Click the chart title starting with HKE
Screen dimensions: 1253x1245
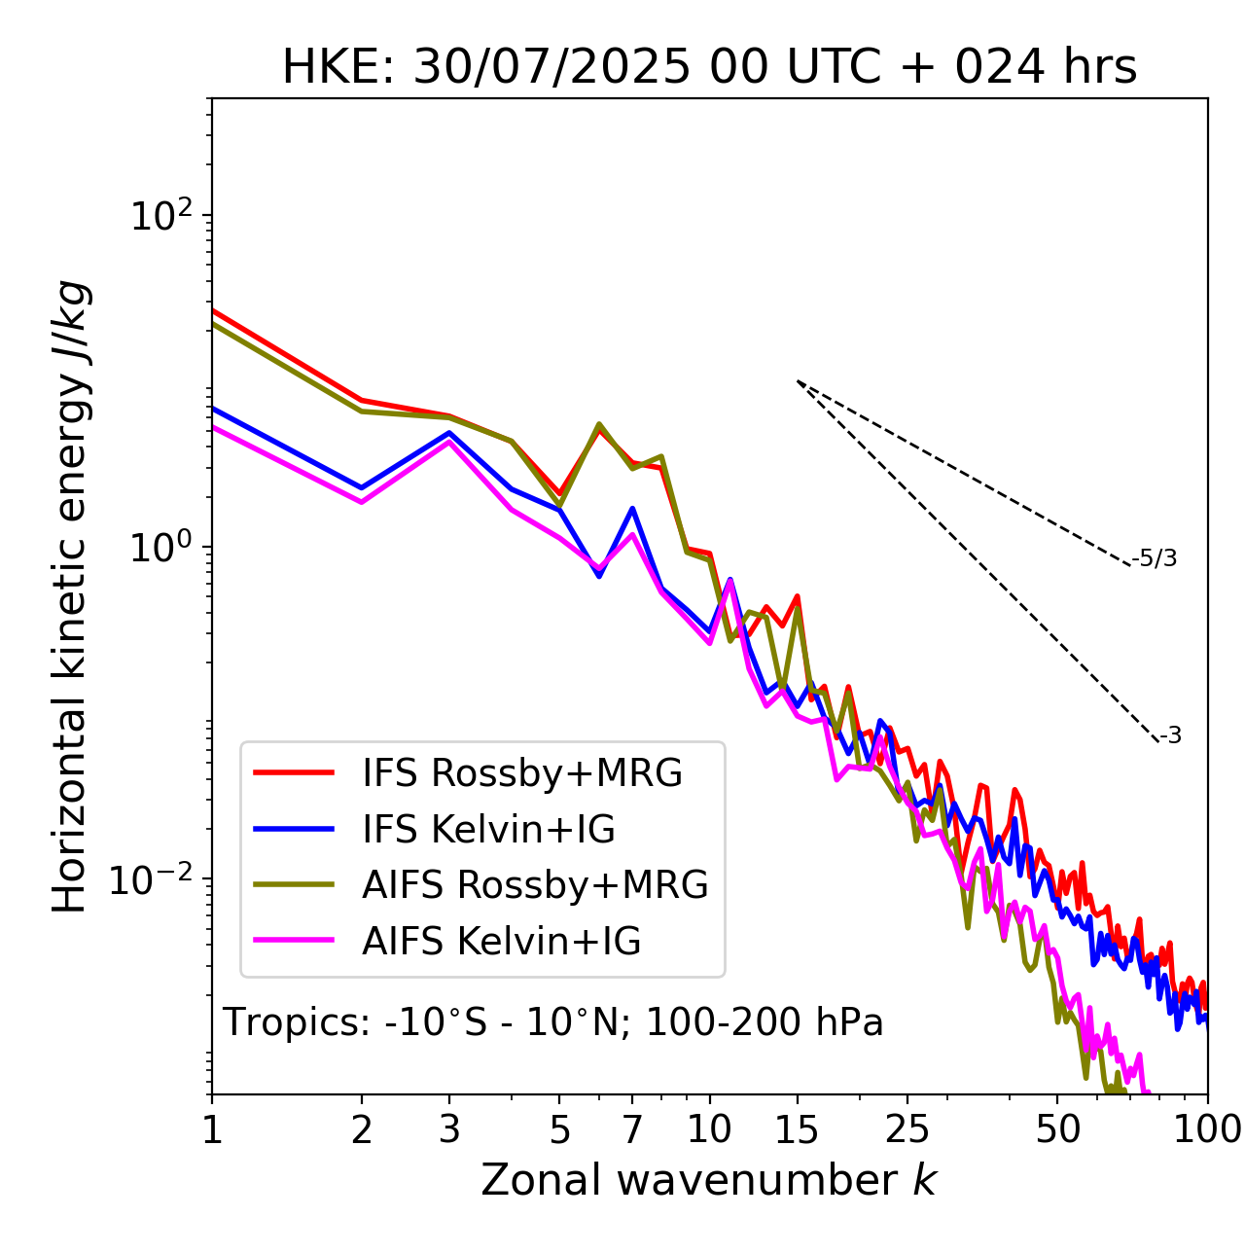point(709,68)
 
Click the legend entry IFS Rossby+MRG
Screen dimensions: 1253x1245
point(521,773)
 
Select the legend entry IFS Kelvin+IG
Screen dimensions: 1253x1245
point(488,830)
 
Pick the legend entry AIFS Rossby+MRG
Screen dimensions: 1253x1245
point(534,885)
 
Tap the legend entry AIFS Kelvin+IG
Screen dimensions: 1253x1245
point(501,942)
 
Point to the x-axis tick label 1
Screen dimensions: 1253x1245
point(212,1129)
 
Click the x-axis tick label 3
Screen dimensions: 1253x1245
point(449,1129)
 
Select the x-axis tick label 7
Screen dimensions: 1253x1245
point(632,1129)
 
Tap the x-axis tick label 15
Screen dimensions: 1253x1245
point(797,1129)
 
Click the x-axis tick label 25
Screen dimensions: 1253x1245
point(907,1129)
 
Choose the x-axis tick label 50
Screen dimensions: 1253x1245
point(1057,1129)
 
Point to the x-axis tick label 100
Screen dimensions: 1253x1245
point(1207,1129)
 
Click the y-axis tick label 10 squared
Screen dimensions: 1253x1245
point(160,215)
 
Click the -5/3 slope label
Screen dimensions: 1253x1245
point(1155,558)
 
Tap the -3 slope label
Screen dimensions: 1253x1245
point(1170,736)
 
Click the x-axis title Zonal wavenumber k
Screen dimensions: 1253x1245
point(709,1180)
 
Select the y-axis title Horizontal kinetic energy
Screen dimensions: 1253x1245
point(70,597)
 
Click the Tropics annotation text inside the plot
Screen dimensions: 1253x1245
point(552,1023)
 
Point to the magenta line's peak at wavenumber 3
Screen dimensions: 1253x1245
point(449,442)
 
